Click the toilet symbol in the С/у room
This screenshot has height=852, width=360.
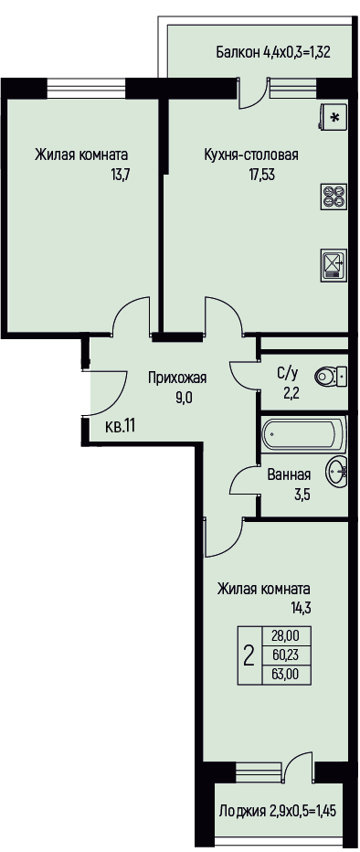click(331, 375)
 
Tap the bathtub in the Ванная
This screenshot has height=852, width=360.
click(303, 434)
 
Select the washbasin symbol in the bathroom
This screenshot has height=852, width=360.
click(336, 471)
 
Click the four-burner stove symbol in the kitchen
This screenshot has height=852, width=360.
click(333, 196)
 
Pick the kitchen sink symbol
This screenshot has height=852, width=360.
click(333, 264)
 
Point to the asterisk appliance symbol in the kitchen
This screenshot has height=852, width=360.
click(333, 117)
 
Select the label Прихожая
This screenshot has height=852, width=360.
click(177, 378)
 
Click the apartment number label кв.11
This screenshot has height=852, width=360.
click(120, 426)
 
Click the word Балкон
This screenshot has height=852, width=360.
click(238, 52)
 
